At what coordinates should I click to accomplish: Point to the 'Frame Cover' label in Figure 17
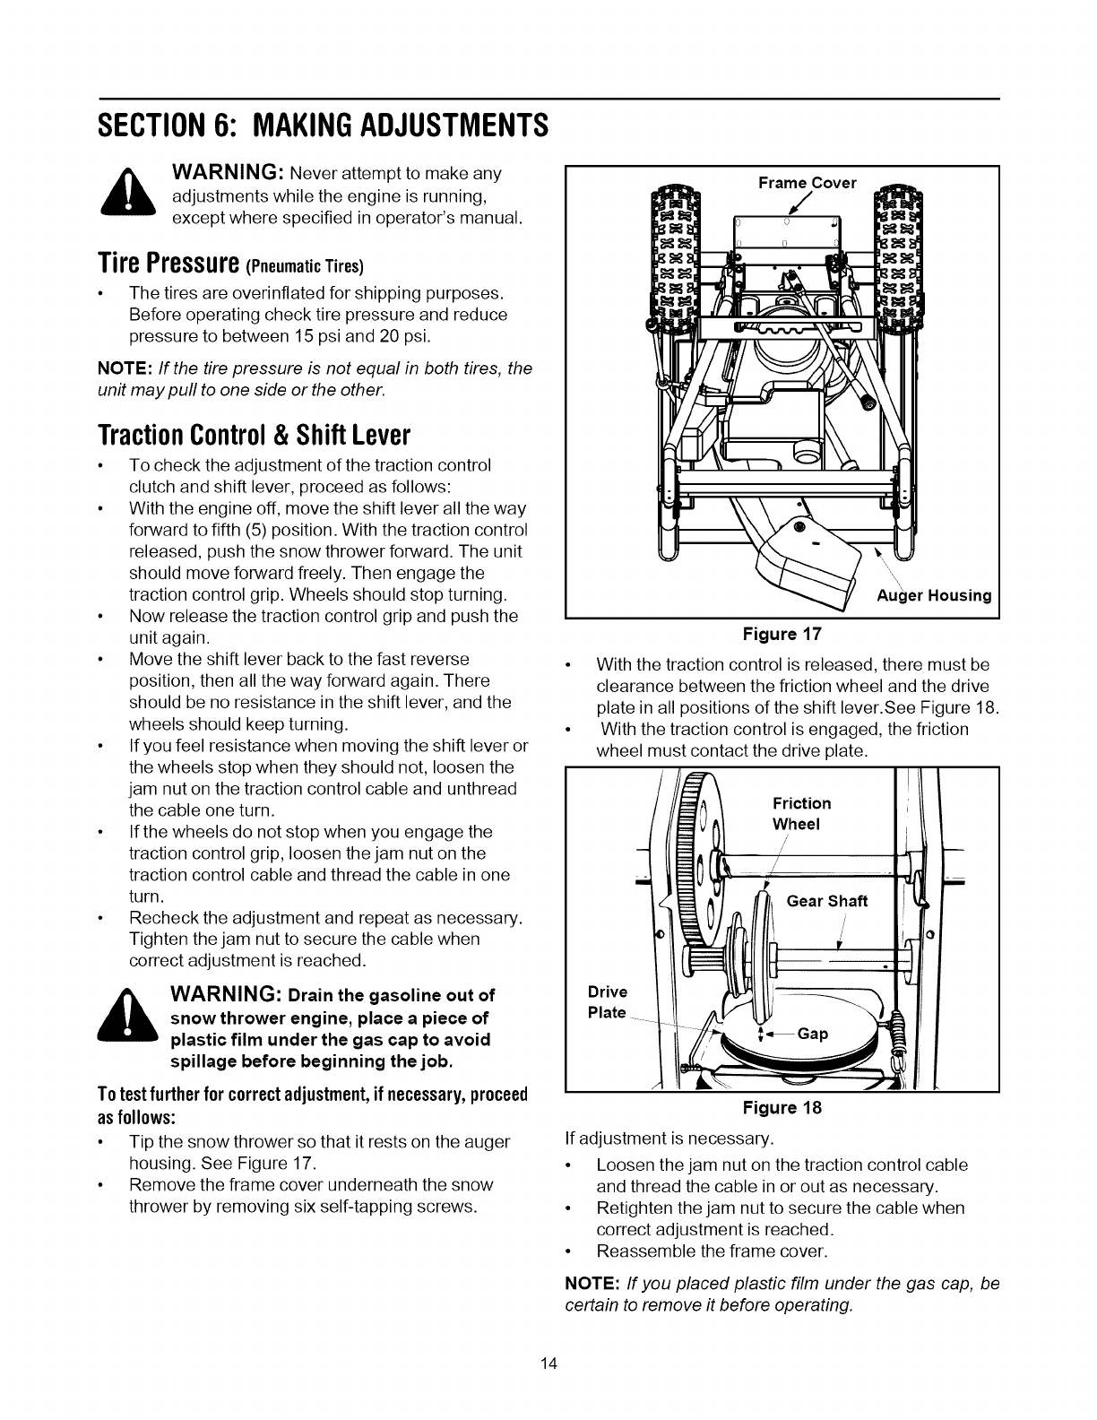807,183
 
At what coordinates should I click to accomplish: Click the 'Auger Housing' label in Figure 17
933,596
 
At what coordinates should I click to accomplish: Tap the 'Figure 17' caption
782,635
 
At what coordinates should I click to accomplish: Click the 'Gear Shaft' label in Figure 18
826,901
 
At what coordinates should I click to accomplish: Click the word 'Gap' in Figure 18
812,1034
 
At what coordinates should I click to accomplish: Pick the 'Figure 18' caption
782,1107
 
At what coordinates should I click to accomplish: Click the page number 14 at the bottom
548,1365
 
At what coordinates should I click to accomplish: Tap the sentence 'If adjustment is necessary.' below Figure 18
665,1139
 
